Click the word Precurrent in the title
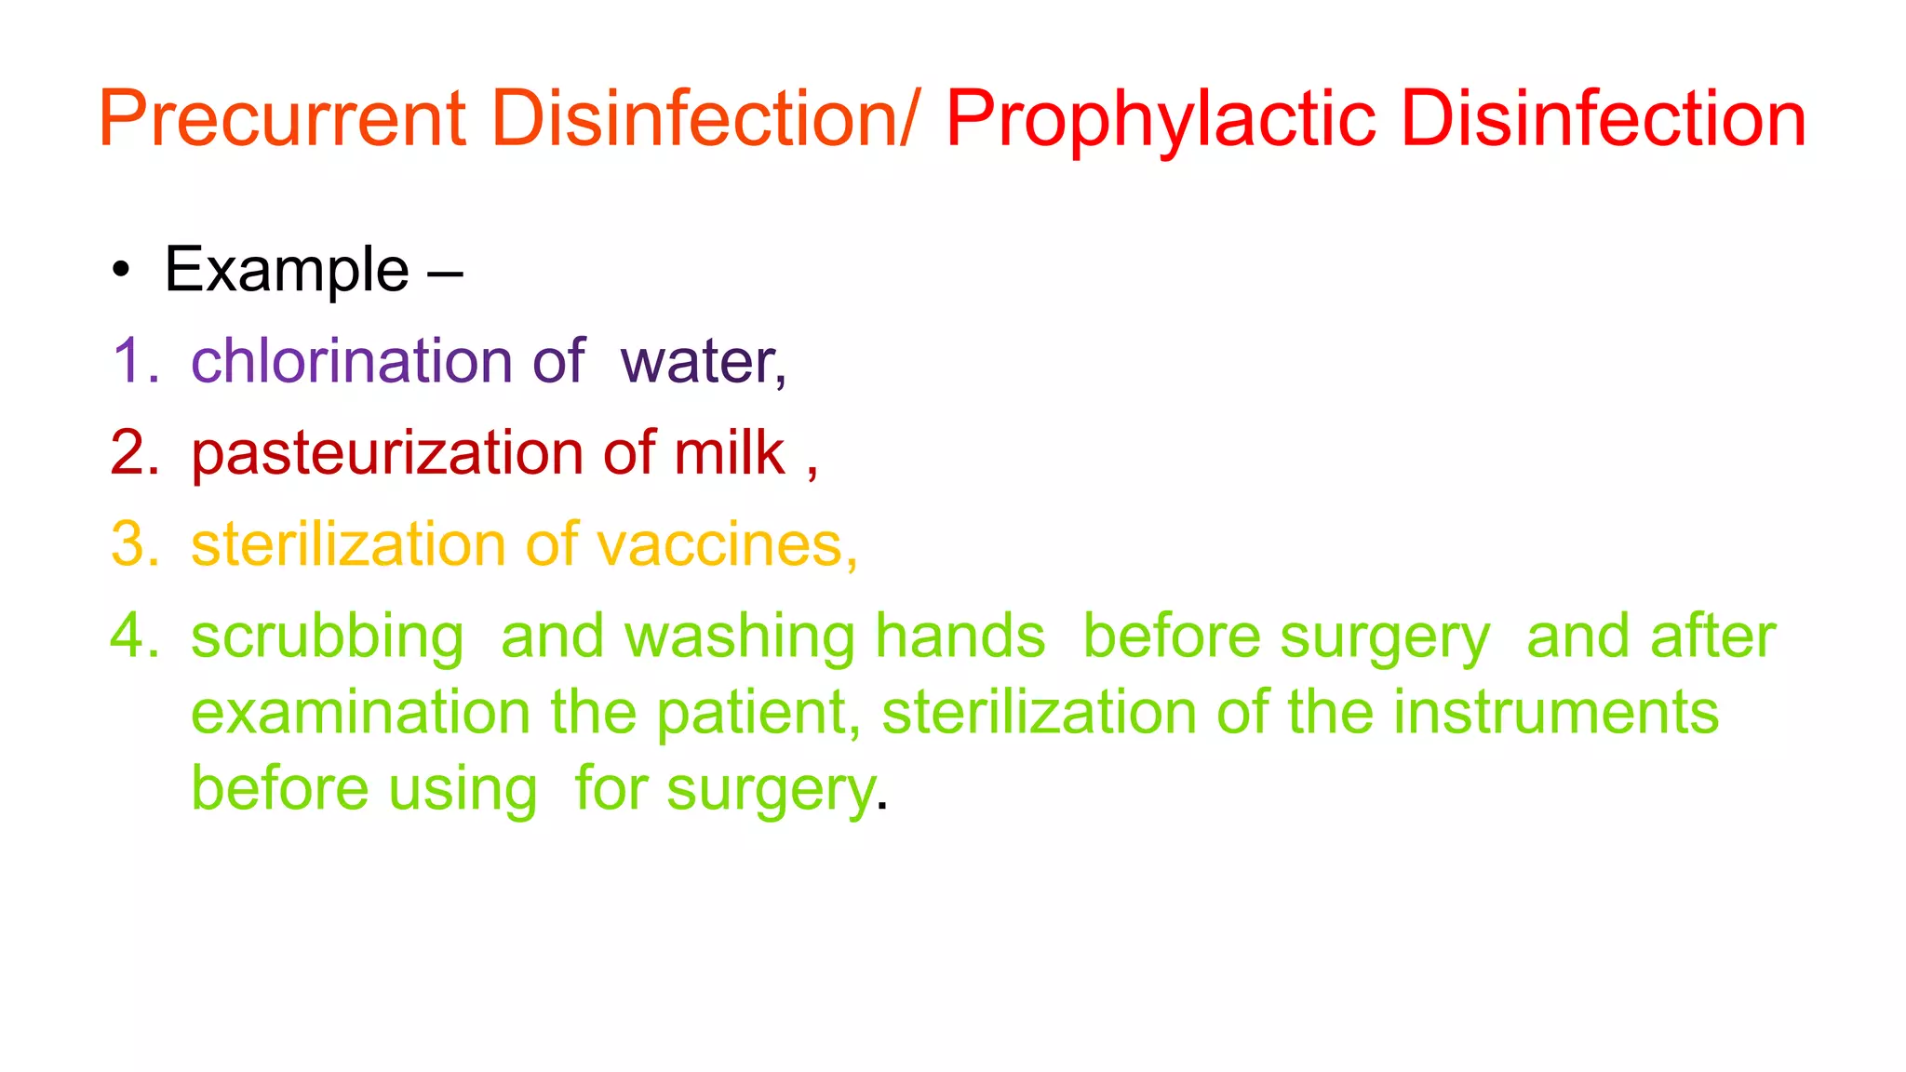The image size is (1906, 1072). (x=282, y=118)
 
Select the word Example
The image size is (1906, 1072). (x=287, y=271)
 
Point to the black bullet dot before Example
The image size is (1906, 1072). (x=120, y=271)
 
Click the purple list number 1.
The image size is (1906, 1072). (x=130, y=361)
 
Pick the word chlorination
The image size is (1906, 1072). (x=351, y=361)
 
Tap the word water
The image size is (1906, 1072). (x=701, y=361)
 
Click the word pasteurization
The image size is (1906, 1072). (x=386, y=453)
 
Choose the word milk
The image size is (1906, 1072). (x=730, y=453)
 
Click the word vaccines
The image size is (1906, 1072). (x=720, y=544)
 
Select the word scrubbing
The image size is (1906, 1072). (x=327, y=638)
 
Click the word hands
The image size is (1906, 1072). (x=960, y=636)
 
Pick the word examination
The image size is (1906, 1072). (x=360, y=713)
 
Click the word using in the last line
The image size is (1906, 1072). (x=463, y=790)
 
